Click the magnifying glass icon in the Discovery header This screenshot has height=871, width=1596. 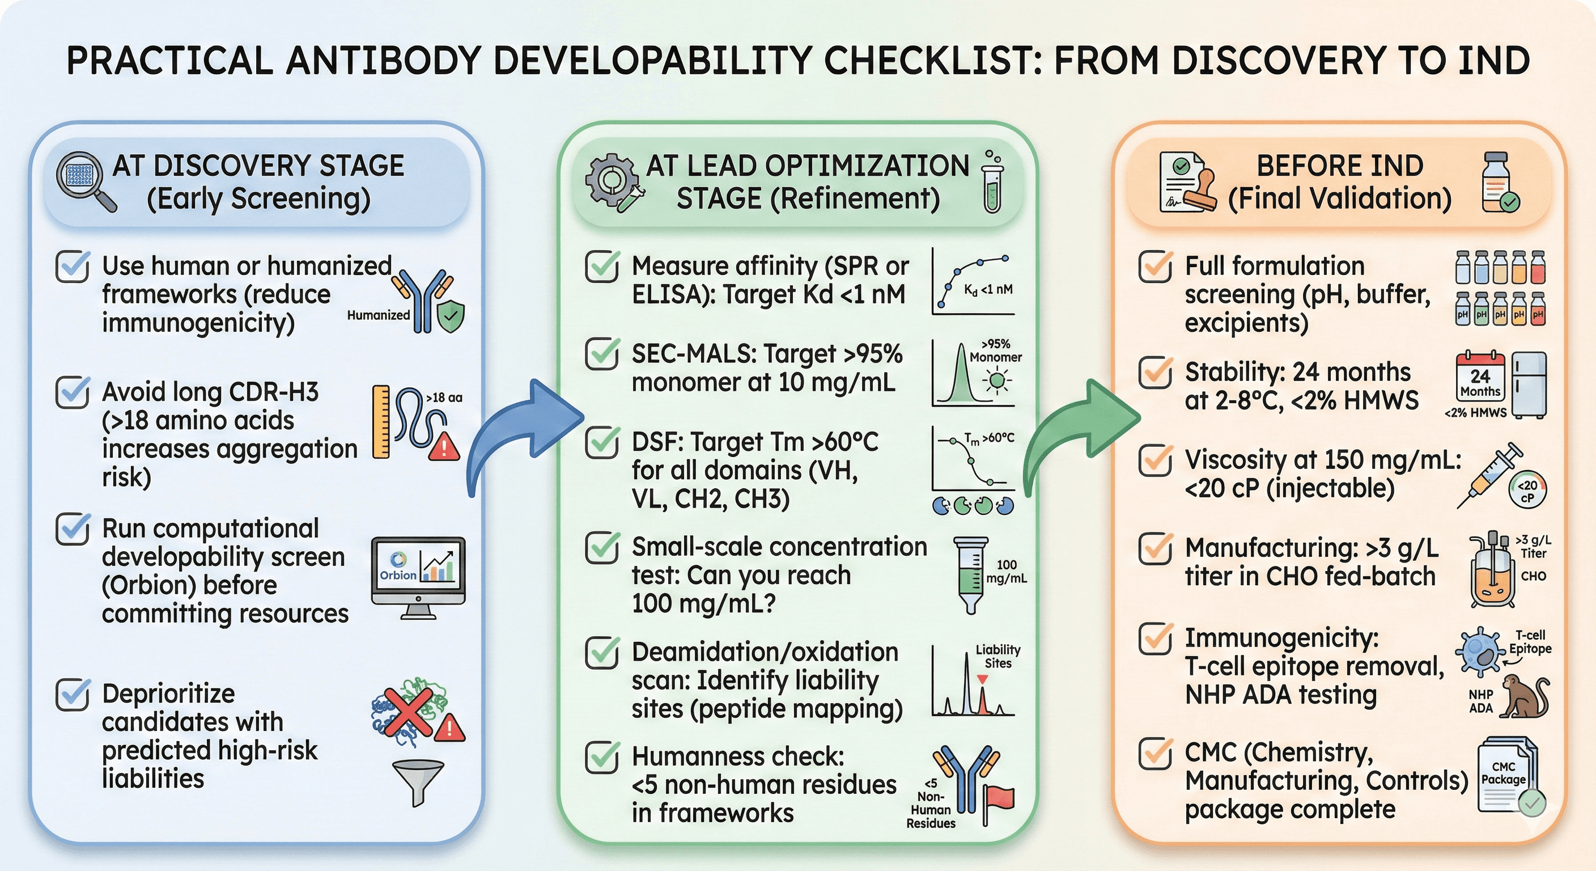click(x=84, y=180)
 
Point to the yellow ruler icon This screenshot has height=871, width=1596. click(x=381, y=421)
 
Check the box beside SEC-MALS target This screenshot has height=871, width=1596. click(x=601, y=354)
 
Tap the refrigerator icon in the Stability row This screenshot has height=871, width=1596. click(x=1529, y=384)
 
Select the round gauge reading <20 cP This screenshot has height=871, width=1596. click(x=1527, y=490)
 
